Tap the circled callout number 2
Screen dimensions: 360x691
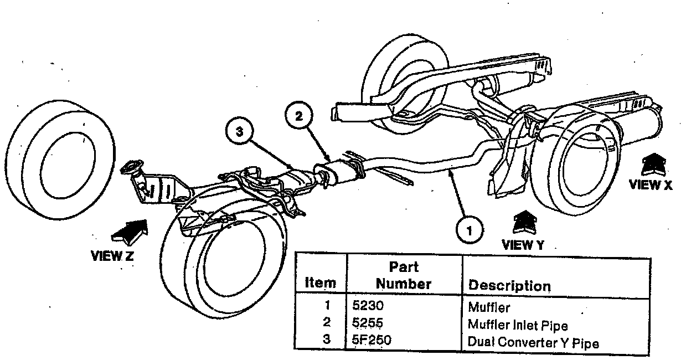point(299,117)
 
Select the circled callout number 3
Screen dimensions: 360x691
point(240,132)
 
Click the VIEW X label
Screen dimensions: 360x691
point(651,186)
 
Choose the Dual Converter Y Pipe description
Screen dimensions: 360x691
point(533,343)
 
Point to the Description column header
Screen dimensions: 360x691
point(509,286)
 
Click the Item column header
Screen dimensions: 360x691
point(321,282)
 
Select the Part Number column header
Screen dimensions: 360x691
point(404,275)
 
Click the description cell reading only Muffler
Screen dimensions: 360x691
point(489,307)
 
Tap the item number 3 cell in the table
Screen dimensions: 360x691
point(326,339)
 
